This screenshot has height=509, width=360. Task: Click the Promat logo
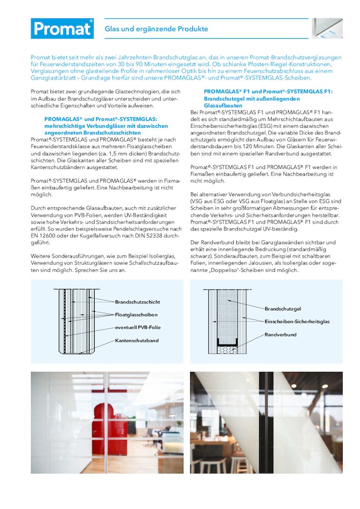62,29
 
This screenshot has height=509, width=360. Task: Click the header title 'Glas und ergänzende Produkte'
156,29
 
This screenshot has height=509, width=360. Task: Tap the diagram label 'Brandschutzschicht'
137,302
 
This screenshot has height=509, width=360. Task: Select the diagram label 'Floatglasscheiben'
136,315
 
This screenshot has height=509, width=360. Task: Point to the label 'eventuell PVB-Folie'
137,327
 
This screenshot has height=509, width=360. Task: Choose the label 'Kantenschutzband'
136,340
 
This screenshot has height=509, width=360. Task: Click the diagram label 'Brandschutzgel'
283,309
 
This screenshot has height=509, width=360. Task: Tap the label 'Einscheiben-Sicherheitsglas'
297,322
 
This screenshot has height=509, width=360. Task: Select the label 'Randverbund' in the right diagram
280,334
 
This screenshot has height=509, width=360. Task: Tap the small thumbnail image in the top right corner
327,29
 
